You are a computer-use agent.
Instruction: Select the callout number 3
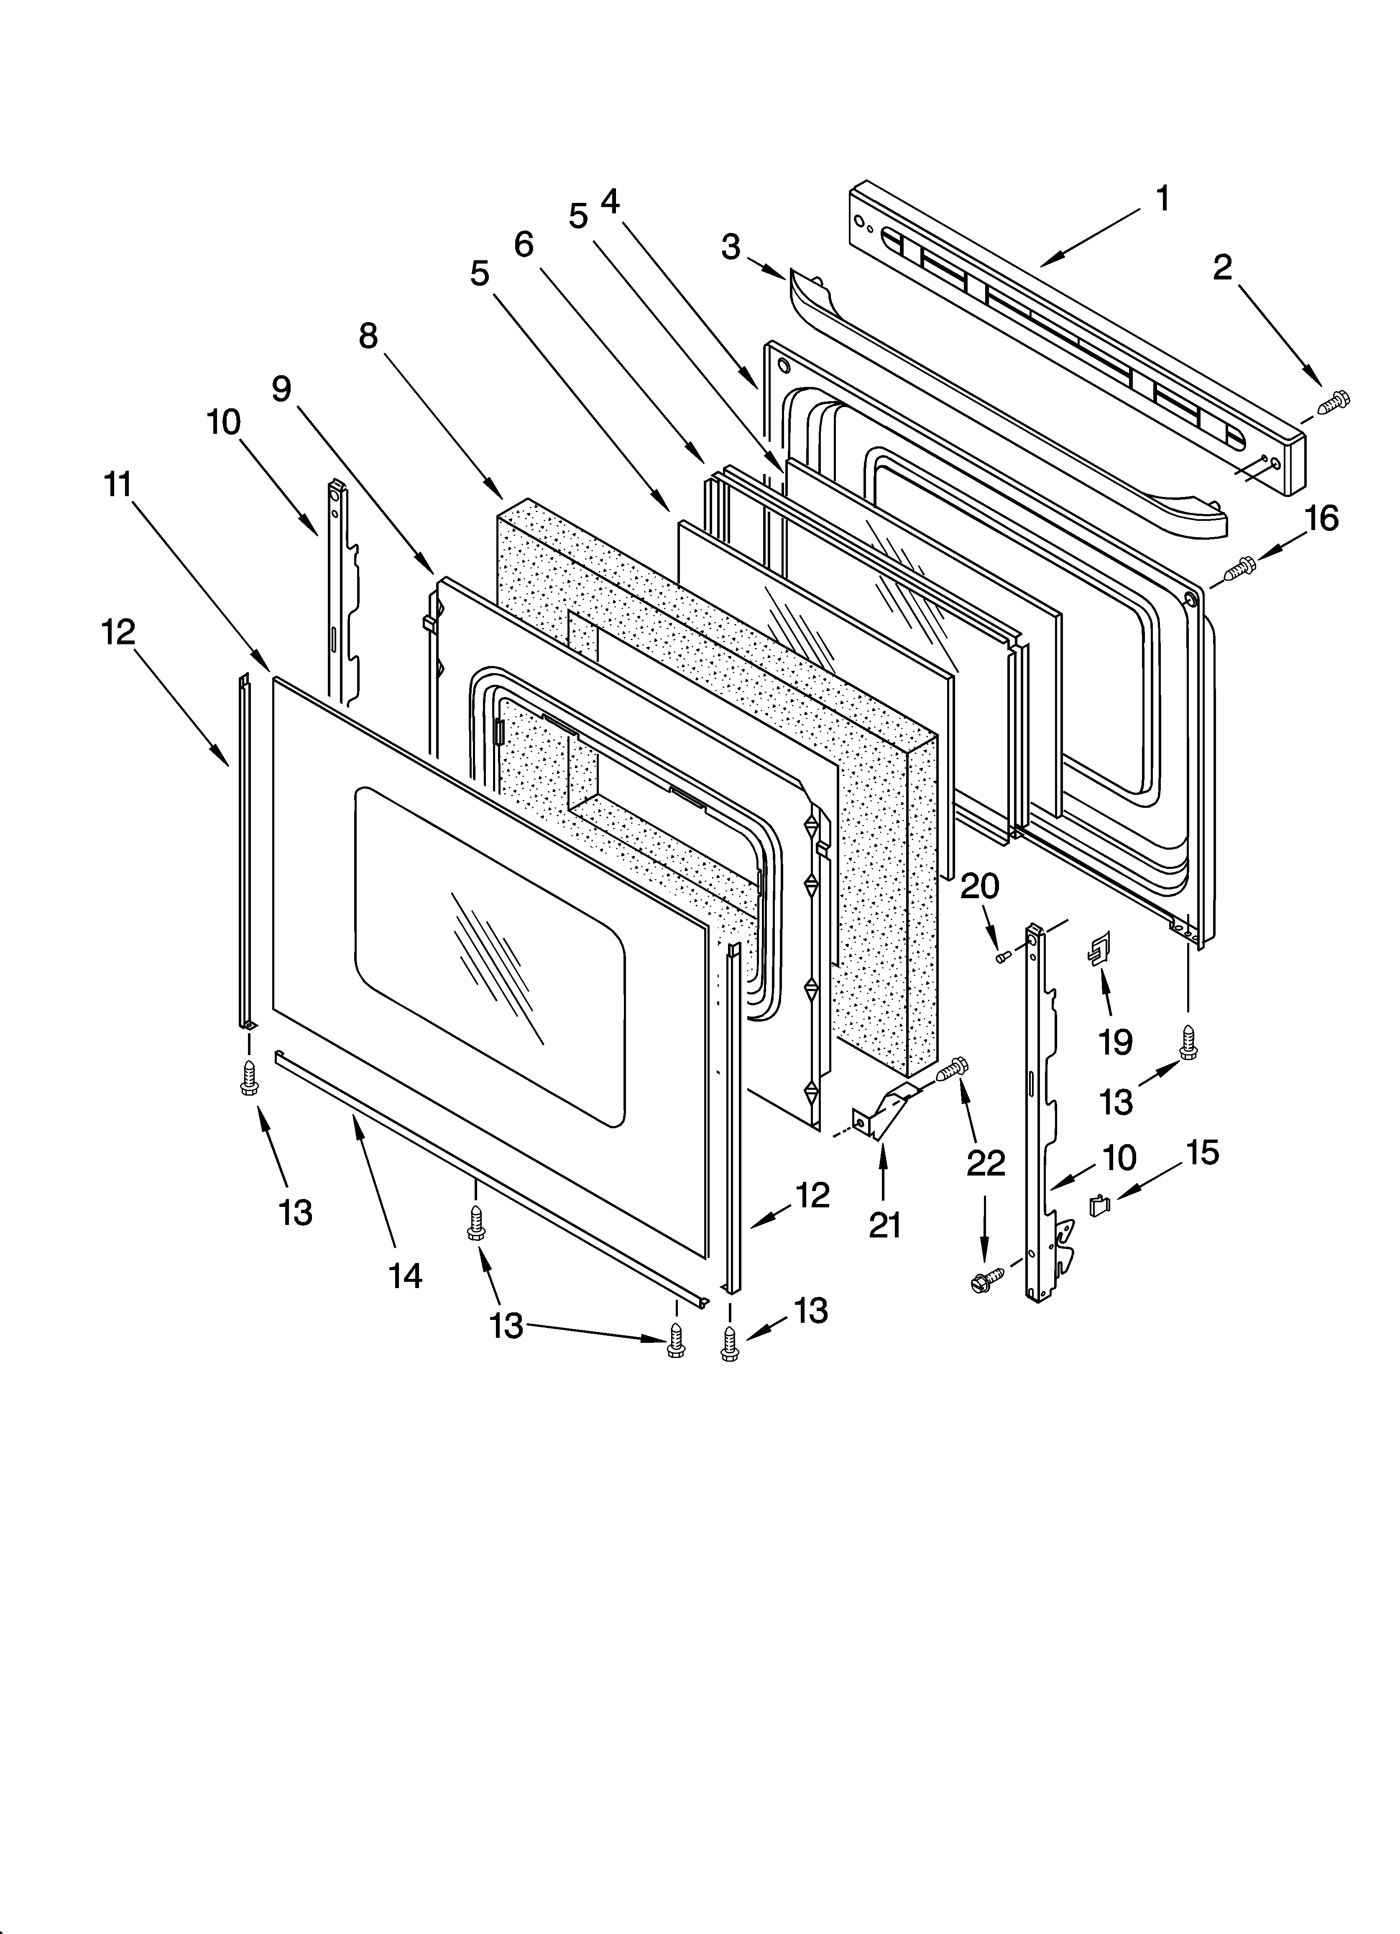pos(731,247)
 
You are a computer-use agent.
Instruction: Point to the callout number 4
pos(611,201)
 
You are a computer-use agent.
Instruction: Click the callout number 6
pos(524,245)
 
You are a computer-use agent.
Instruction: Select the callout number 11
pos(118,484)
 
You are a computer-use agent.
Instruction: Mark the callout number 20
pos(980,886)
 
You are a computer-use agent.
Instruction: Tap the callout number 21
pos(884,1225)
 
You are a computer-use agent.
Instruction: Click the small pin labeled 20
pos(1004,957)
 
